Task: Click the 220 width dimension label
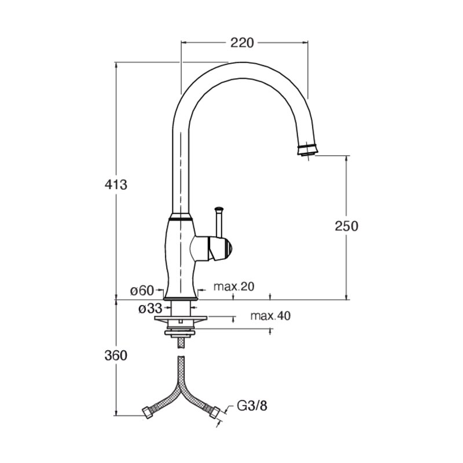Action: tap(242, 43)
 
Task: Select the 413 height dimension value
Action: tap(116, 185)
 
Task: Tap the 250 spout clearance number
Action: tap(346, 226)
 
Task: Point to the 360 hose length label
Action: tap(116, 355)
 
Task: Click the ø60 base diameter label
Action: tap(142, 291)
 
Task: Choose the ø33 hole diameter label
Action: tap(150, 308)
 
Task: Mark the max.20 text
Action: tap(234, 286)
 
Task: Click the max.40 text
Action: tap(270, 315)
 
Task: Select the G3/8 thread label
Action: tap(252, 406)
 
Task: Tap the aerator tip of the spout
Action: tap(307, 150)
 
